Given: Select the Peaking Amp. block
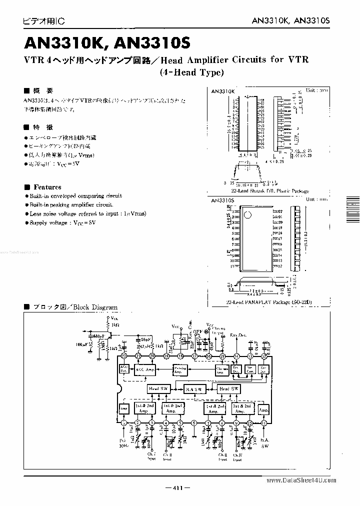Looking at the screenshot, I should click(x=180, y=369).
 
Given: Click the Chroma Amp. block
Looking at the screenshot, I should click(x=221, y=369).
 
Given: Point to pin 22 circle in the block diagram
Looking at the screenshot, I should click(x=123, y=356).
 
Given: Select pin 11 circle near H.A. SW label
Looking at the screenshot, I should click(x=263, y=423).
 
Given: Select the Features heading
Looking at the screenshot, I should click(x=47, y=187).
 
